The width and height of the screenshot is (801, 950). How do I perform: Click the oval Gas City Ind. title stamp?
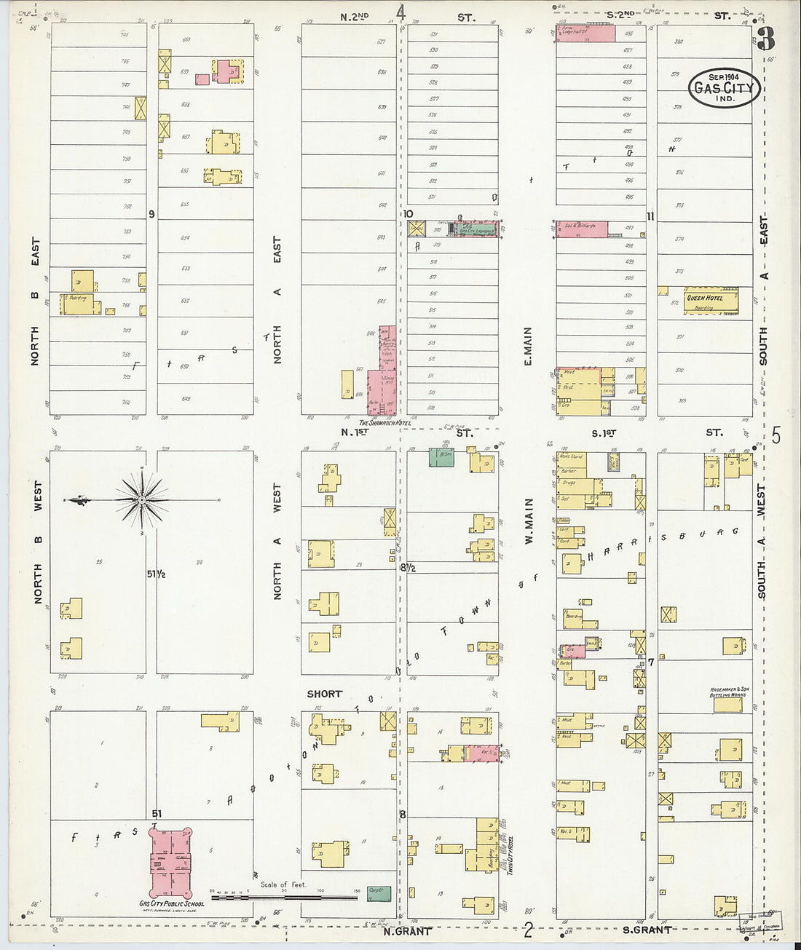click(x=724, y=88)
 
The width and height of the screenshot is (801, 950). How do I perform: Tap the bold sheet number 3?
click(x=765, y=39)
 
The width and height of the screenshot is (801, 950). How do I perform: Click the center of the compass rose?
click(x=142, y=499)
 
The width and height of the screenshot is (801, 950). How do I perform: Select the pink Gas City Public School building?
click(x=171, y=862)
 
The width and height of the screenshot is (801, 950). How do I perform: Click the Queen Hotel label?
click(x=705, y=298)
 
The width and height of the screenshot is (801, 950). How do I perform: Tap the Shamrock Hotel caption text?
click(x=384, y=423)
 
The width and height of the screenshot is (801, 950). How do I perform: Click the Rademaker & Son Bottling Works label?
click(x=727, y=692)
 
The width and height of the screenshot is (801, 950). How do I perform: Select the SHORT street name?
click(x=324, y=694)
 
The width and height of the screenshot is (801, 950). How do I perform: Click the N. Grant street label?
click(x=408, y=930)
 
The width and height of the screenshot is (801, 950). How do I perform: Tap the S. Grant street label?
click(x=647, y=930)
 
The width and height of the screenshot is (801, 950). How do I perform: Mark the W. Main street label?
click(x=529, y=522)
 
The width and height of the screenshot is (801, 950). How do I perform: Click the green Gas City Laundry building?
click(x=476, y=230)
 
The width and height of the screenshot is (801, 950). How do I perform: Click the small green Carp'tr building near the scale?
click(x=378, y=892)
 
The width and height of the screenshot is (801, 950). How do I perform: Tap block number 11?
click(x=650, y=216)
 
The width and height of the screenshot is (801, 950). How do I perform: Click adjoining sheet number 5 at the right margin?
click(x=776, y=436)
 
